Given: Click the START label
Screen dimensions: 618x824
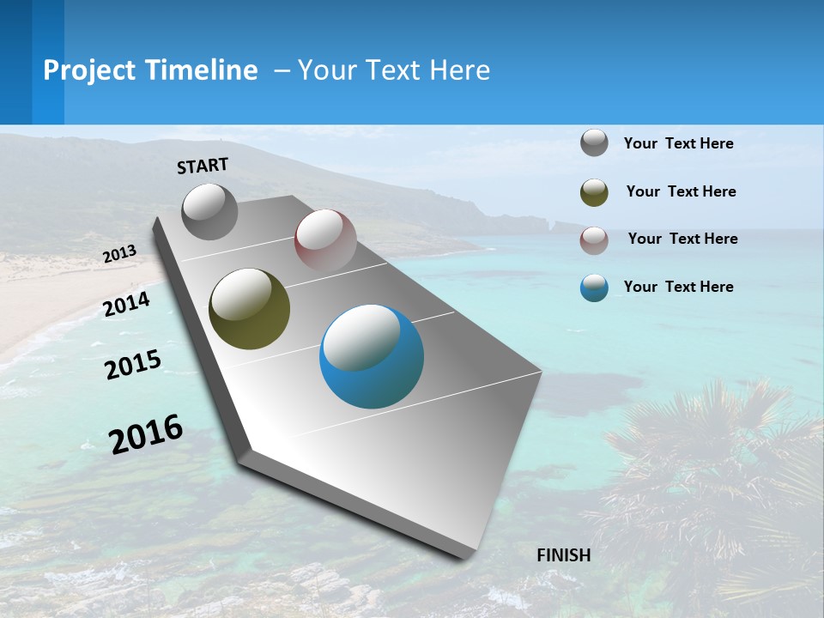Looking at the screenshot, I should pos(203,166).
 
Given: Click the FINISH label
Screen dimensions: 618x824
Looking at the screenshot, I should pos(564,555).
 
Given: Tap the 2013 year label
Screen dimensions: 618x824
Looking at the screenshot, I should pos(119,254).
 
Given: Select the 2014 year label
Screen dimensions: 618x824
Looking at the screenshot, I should pos(126,304).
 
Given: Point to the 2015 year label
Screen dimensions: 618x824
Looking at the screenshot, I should pos(133,365).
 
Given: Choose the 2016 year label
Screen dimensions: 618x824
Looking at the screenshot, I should pos(146,433).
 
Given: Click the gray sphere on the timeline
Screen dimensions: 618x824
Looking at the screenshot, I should pos(209,211).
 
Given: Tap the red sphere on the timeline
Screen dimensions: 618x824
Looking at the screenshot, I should pos(325,240).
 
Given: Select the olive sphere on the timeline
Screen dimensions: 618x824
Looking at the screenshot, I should pos(249,309).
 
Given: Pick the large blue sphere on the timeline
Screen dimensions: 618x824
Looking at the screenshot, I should pos(372,356).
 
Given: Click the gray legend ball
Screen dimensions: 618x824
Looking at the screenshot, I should pos(594,143).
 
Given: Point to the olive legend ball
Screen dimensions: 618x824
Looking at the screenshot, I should pos(594,192).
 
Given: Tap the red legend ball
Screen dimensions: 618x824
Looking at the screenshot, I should pos(594,240).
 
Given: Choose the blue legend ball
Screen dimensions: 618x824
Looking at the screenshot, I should pos(594,288).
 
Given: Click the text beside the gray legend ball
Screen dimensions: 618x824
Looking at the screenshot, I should pos(679,144).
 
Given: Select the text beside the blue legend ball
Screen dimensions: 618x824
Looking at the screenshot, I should pos(679,287).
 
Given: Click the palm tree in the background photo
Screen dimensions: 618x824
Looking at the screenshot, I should pos(704,463).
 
